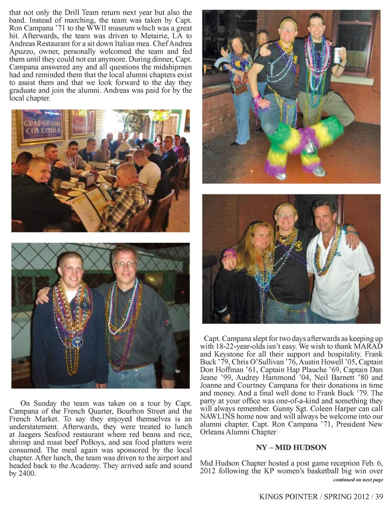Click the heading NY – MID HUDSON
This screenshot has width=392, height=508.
coord(291,447)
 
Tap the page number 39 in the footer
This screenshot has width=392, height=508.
coord(379,497)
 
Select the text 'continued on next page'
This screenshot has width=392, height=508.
coord(358,480)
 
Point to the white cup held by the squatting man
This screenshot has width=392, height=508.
coord(337,55)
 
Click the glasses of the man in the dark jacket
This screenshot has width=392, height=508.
coord(125,264)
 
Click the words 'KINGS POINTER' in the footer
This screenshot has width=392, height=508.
coord(288,497)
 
